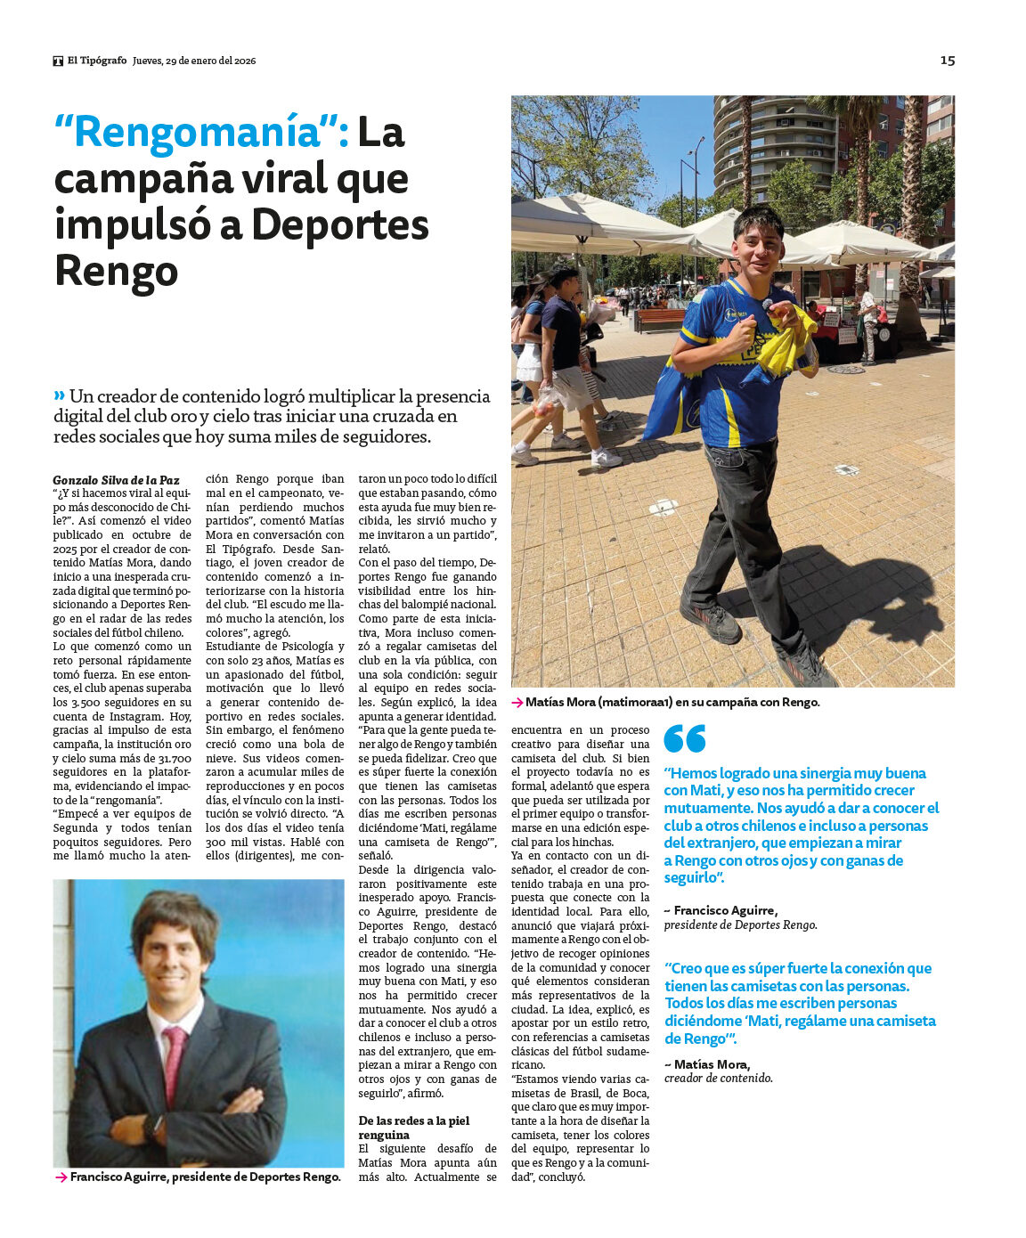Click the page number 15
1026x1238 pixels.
click(948, 61)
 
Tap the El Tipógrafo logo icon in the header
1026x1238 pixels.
click(58, 61)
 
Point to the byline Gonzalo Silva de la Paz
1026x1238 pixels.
click(116, 480)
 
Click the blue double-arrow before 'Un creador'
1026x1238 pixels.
click(59, 395)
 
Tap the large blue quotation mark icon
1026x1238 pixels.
click(684, 738)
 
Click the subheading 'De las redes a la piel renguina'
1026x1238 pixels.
click(413, 1128)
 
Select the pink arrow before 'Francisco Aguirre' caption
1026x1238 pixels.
click(61, 1177)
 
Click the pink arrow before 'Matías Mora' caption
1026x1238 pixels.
click(517, 703)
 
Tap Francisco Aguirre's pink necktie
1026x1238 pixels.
click(173, 1064)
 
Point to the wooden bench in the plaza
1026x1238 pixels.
click(660, 318)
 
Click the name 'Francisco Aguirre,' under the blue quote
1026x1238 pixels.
click(725, 910)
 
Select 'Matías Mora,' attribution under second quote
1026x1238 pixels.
click(712, 1064)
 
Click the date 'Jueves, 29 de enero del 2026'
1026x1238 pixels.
click(194, 61)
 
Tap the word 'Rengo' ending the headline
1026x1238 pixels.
click(116, 271)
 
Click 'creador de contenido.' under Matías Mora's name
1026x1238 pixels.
click(718, 1079)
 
